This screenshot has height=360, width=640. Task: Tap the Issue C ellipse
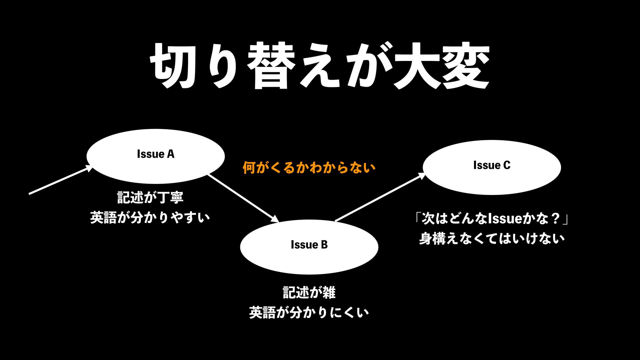coord(492,180)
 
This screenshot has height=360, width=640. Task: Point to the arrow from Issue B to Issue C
coord(380,197)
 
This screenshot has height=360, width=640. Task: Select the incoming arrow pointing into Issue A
coord(60,180)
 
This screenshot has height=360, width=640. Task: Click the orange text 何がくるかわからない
coord(309,167)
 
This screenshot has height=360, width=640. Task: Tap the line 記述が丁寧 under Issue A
coord(150,197)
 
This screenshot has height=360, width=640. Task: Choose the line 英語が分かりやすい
coord(150,218)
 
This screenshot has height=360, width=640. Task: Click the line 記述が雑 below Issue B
coord(309,292)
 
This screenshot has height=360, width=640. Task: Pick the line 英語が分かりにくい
coord(309,313)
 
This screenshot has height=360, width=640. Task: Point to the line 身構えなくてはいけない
coord(492,239)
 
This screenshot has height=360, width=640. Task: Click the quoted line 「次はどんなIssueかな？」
coord(492,219)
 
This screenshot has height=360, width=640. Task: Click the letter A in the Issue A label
coord(170,154)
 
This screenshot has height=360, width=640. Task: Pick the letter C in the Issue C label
coord(507,165)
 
